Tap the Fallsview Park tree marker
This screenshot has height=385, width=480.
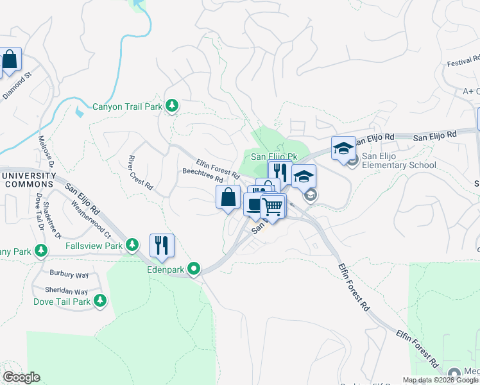click(x=132, y=244)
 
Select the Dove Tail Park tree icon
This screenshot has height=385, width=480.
click(x=100, y=300)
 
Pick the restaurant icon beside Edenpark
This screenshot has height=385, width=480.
click(x=162, y=246)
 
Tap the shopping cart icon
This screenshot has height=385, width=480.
click(x=273, y=207)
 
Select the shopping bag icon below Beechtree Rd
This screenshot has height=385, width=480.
click(x=228, y=198)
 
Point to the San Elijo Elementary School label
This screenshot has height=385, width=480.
click(x=399, y=160)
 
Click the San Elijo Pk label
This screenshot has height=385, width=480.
click(x=273, y=157)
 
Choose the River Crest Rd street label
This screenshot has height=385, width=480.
click(x=141, y=173)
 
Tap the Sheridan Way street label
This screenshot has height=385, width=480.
click(x=67, y=290)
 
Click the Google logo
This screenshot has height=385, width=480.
click(x=21, y=377)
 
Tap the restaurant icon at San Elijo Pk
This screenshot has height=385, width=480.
click(x=279, y=172)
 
